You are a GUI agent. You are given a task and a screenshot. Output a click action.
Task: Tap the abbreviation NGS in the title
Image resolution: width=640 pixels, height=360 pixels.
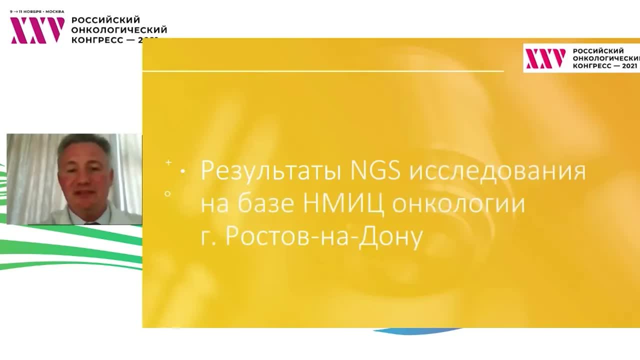coord(375,170)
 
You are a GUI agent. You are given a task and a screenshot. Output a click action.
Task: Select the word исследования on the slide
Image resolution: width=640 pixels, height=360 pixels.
coord(498,171)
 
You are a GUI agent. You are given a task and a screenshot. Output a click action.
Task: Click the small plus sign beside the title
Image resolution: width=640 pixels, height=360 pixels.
coord(168,162)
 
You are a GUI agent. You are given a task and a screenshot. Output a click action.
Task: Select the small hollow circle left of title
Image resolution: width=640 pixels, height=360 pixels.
coord(168,193)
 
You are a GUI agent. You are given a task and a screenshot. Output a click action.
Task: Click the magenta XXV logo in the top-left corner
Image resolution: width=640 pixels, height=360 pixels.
coord(37,30)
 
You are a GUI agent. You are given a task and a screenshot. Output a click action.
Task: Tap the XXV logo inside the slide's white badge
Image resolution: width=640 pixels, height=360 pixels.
coord(545,58)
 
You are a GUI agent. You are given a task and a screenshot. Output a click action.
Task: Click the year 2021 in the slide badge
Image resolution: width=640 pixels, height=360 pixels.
coord(629,65)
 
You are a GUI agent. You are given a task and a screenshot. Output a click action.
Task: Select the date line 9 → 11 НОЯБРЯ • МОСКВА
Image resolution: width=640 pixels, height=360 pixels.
coord(37,11)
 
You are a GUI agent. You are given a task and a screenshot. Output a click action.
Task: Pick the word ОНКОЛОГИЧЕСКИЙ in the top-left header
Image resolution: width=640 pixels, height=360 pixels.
coord(119,29)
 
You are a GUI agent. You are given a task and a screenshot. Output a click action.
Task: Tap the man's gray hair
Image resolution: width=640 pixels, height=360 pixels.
coord(84,143)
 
